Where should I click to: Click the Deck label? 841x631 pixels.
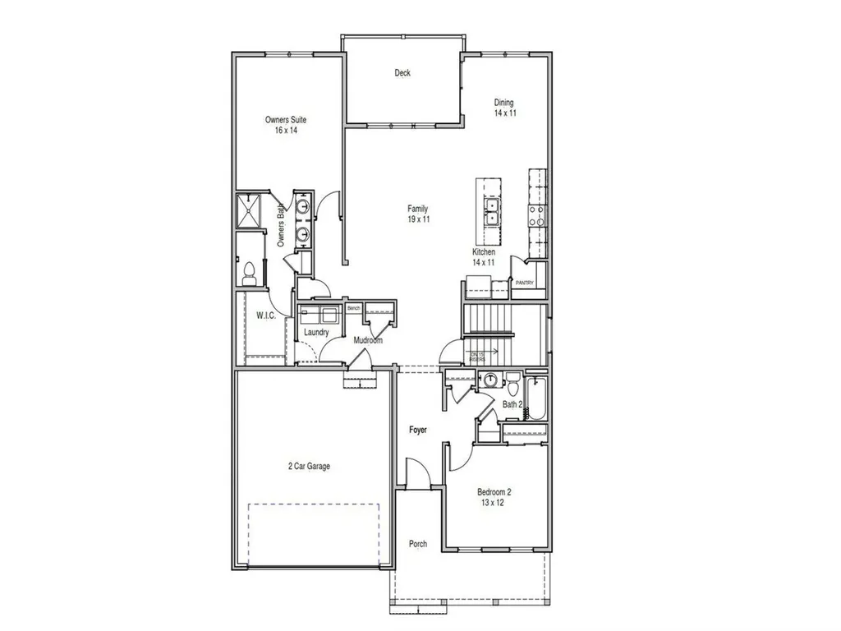click(402, 73)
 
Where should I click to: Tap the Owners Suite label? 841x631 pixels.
click(286, 120)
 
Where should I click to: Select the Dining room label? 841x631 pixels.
click(504, 103)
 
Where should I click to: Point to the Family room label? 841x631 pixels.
click(417, 209)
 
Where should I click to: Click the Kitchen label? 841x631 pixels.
click(483, 251)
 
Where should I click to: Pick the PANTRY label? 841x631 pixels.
click(525, 283)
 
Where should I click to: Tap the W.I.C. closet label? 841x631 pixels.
click(264, 315)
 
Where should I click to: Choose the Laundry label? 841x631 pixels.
click(316, 333)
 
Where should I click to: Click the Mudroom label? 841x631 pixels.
click(367, 340)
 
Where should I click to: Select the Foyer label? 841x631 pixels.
click(418, 430)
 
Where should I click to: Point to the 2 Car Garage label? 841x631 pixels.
click(309, 466)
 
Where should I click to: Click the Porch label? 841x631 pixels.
click(418, 544)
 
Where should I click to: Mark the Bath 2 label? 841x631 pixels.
click(512, 404)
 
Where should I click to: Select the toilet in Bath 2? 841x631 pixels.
click(512, 383)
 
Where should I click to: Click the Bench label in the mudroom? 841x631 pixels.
click(354, 308)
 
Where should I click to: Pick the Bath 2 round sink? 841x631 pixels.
click(490, 380)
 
